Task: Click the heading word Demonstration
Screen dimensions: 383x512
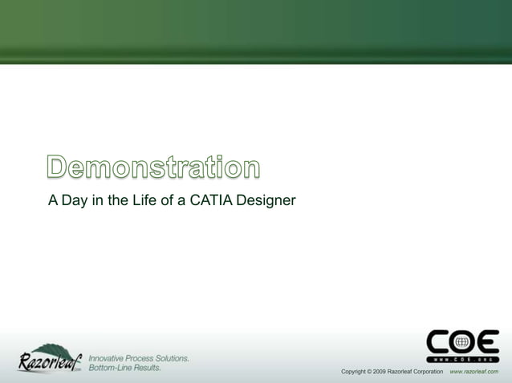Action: tap(153, 168)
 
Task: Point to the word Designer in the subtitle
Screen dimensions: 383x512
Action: tap(266, 200)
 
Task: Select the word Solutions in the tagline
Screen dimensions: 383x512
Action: tap(170, 357)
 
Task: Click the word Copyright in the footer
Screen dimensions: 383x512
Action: tap(355, 372)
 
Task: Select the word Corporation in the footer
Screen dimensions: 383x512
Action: tap(423, 372)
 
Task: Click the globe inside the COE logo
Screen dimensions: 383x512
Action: tap(462, 342)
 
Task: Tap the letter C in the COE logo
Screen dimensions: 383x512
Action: tap(439, 342)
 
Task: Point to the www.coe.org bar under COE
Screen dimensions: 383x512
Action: tap(462, 358)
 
